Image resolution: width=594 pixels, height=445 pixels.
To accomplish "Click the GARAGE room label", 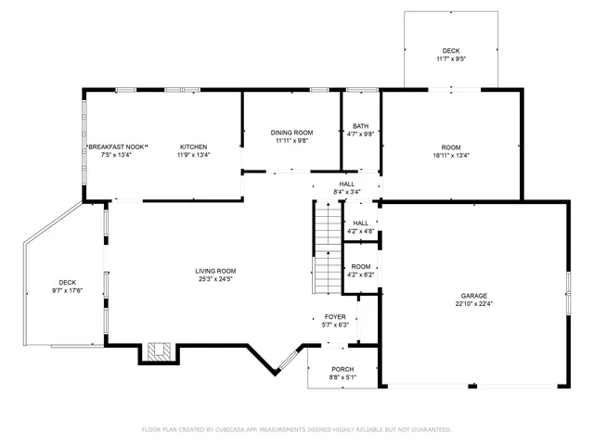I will point(473,296).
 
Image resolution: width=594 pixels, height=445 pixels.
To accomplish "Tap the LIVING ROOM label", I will point(214,271).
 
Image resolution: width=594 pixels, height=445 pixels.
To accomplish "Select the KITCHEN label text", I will point(193,146).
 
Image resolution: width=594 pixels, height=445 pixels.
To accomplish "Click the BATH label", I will point(360,126).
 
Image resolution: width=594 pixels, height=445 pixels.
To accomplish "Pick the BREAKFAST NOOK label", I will point(116,146).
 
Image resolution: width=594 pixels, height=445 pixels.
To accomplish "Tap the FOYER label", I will point(334,317).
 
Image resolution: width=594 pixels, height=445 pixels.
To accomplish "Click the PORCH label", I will point(342,370).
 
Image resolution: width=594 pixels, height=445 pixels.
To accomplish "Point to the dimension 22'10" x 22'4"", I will point(473,304).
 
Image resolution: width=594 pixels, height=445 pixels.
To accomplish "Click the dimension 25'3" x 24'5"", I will point(214,279).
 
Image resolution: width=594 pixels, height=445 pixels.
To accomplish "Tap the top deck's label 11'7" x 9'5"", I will point(451,59).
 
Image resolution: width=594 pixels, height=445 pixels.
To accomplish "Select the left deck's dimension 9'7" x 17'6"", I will point(67,290).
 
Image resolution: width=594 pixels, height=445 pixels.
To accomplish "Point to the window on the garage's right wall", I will point(567,296).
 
